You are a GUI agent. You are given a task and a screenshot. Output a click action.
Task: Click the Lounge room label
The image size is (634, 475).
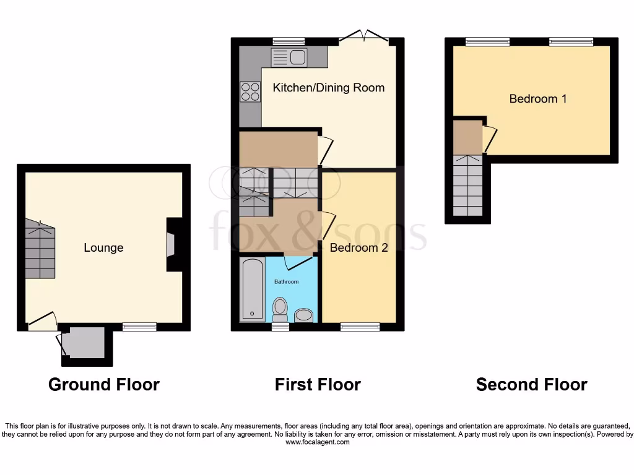tap(103, 247)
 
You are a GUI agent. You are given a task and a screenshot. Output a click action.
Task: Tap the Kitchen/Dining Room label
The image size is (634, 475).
tap(328, 87)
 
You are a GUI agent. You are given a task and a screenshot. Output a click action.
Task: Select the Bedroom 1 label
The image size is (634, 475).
tap(537, 98)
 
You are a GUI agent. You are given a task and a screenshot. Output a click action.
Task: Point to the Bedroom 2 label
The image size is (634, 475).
tap(358, 247)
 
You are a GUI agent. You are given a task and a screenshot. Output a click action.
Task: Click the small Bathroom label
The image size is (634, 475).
tap(287, 282)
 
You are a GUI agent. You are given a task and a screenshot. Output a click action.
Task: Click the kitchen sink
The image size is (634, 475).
tap(289, 58)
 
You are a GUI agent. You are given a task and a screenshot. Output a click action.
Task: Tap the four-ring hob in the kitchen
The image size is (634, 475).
tap(250, 92)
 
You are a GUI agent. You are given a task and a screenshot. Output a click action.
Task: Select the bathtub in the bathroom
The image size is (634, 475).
tap(251, 289)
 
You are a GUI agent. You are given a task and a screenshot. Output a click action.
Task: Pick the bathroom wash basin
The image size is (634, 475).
tap(303, 316)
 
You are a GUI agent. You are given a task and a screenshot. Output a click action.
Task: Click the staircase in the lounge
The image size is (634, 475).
tap(40, 250)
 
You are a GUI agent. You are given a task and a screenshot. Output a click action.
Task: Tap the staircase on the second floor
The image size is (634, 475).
tap(467, 186)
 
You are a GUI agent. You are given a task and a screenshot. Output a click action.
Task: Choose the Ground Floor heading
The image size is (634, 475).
tap(103, 385)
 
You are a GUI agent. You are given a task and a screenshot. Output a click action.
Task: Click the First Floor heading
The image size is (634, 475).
tap(318, 385)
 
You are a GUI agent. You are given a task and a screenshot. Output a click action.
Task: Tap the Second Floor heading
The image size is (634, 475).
tap(531, 385)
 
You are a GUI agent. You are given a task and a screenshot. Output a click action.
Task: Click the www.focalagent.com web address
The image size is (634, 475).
tap(317, 442)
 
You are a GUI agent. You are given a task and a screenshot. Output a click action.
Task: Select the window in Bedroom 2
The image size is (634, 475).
tap(359, 326)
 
